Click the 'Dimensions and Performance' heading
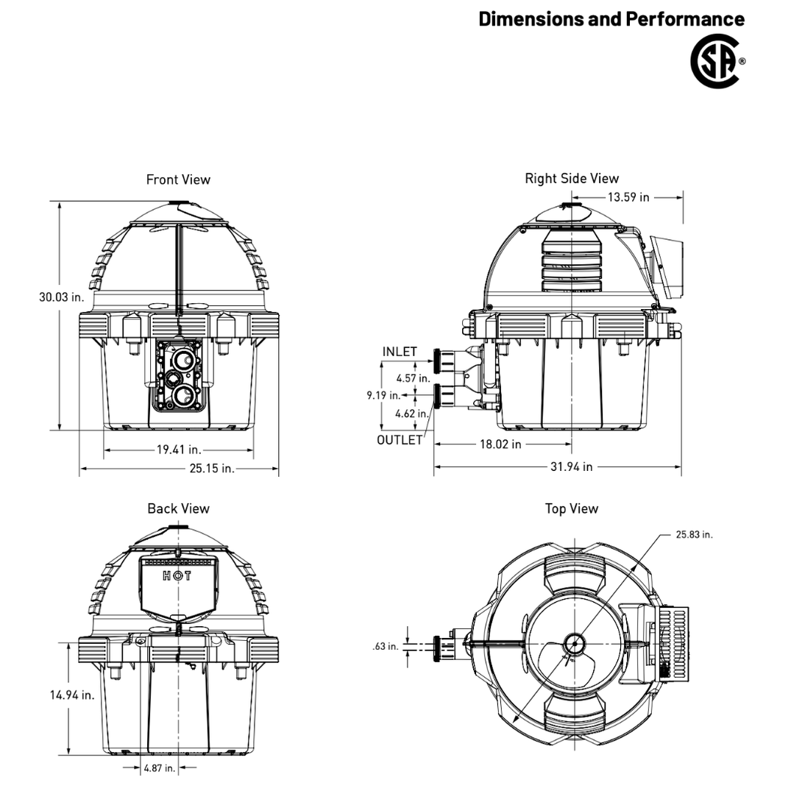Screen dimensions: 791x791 click(x=611, y=19)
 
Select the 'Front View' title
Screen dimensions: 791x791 click(x=178, y=180)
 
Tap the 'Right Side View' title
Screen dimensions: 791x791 click(x=572, y=178)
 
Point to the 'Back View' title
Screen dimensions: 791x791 click(x=178, y=508)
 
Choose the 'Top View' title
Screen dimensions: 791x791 click(x=572, y=508)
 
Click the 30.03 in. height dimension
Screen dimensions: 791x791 click(x=62, y=297)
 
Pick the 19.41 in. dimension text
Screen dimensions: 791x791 click(x=179, y=450)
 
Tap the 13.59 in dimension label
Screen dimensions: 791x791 click(x=628, y=197)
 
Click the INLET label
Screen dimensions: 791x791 click(x=400, y=352)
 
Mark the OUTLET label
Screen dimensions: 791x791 click(x=400, y=440)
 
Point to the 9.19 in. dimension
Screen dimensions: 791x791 click(x=383, y=396)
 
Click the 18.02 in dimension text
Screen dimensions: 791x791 click(x=500, y=444)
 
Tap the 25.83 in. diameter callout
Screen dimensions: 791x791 click(x=694, y=534)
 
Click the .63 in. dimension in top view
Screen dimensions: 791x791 click(x=385, y=646)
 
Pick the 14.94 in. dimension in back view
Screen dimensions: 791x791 click(x=72, y=695)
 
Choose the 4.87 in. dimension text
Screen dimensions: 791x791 click(x=159, y=768)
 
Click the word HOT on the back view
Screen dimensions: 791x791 click(x=178, y=575)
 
